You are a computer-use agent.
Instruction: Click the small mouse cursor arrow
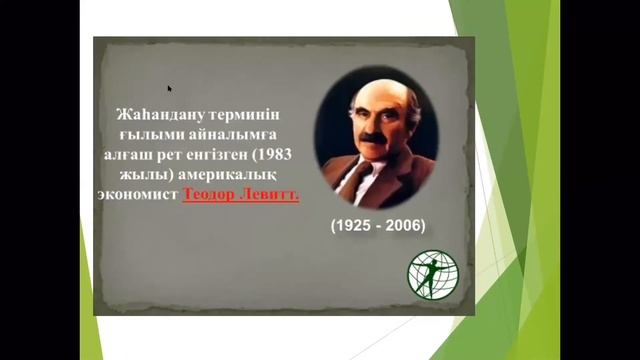[x=170, y=88]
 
